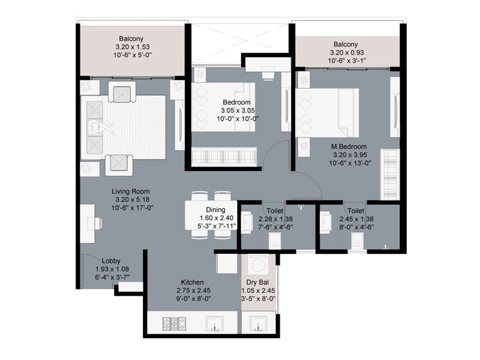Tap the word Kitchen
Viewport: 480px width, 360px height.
point(193,281)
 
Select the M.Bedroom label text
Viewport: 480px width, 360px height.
point(349,146)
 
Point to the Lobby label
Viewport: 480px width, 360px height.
point(111,260)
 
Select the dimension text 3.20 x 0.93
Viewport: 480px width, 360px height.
point(346,53)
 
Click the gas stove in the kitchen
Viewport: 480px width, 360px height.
point(174,325)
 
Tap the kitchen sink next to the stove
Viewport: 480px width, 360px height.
point(214,325)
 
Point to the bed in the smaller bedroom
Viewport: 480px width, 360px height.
point(223,106)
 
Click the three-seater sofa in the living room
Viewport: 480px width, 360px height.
point(94,127)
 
